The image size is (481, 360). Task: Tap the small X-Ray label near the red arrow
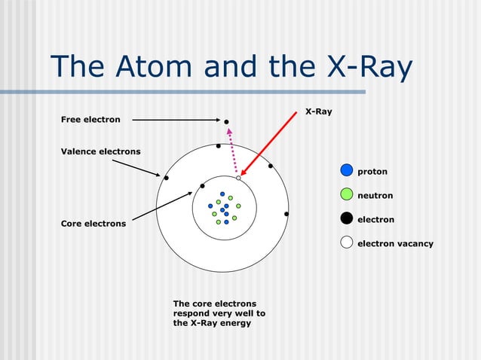coord(318,111)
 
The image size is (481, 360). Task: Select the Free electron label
coord(90,120)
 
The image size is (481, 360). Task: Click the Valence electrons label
coord(100,151)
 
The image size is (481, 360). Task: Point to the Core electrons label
coord(93,224)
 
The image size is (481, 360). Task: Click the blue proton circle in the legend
coord(346,171)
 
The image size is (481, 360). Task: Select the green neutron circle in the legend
coord(346,194)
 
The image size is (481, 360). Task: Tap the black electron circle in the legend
coord(346,218)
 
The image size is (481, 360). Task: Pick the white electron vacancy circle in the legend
coord(346,243)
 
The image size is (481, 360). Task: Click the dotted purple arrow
coord(233,151)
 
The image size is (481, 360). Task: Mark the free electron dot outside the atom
coord(225,121)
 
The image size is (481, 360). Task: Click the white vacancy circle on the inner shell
coord(238,178)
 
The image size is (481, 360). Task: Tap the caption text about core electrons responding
coord(219,313)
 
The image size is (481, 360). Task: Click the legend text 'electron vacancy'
coord(395,243)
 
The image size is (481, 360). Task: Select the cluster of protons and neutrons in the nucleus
coord(224,208)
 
